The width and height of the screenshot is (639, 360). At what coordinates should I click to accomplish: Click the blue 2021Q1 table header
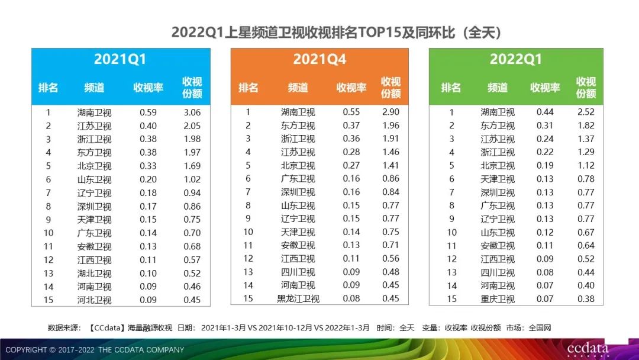coord(120,59)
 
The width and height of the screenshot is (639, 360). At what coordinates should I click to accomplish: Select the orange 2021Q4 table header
coord(319,59)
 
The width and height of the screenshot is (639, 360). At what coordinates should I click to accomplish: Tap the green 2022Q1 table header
coord(516,59)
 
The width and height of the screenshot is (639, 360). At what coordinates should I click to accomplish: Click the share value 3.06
coord(192,112)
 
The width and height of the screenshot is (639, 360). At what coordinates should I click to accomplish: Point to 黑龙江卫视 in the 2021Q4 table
coord(298,298)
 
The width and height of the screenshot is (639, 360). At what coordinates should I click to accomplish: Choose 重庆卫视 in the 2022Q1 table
coord(498,299)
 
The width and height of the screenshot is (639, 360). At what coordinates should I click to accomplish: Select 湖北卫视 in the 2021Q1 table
coord(94,273)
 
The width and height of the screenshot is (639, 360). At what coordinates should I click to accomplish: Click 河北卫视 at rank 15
coord(94,300)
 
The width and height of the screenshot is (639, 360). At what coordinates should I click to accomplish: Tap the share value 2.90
coord(390,112)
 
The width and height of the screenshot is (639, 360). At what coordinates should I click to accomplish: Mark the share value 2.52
coord(586,112)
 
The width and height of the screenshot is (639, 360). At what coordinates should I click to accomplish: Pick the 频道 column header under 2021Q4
coord(298,88)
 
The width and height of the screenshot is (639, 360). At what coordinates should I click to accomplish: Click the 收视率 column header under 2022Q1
coord(545,88)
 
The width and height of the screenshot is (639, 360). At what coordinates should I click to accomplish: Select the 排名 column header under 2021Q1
coord(49,88)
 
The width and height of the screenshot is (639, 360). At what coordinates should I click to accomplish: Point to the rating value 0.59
coord(149,112)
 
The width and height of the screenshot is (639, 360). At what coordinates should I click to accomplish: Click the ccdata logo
coord(587,348)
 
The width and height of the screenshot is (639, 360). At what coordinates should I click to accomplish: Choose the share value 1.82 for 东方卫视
coord(586,126)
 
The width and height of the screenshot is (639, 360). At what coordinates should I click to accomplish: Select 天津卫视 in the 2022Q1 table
coord(498,179)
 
